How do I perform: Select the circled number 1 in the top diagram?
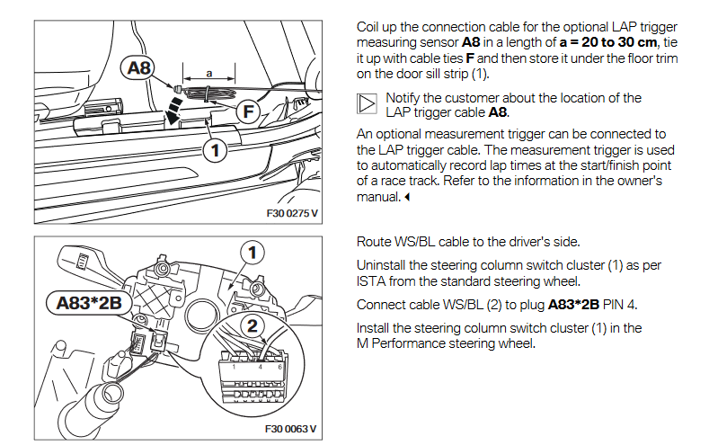[213, 150]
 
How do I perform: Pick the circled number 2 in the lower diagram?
[253, 325]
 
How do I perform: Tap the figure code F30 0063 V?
[290, 429]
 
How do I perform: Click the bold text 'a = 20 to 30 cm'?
[609, 42]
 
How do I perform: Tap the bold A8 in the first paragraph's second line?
[472, 42]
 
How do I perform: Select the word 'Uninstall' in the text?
[384, 265]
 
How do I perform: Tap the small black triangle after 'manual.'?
[407, 198]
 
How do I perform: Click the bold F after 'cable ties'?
[469, 58]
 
